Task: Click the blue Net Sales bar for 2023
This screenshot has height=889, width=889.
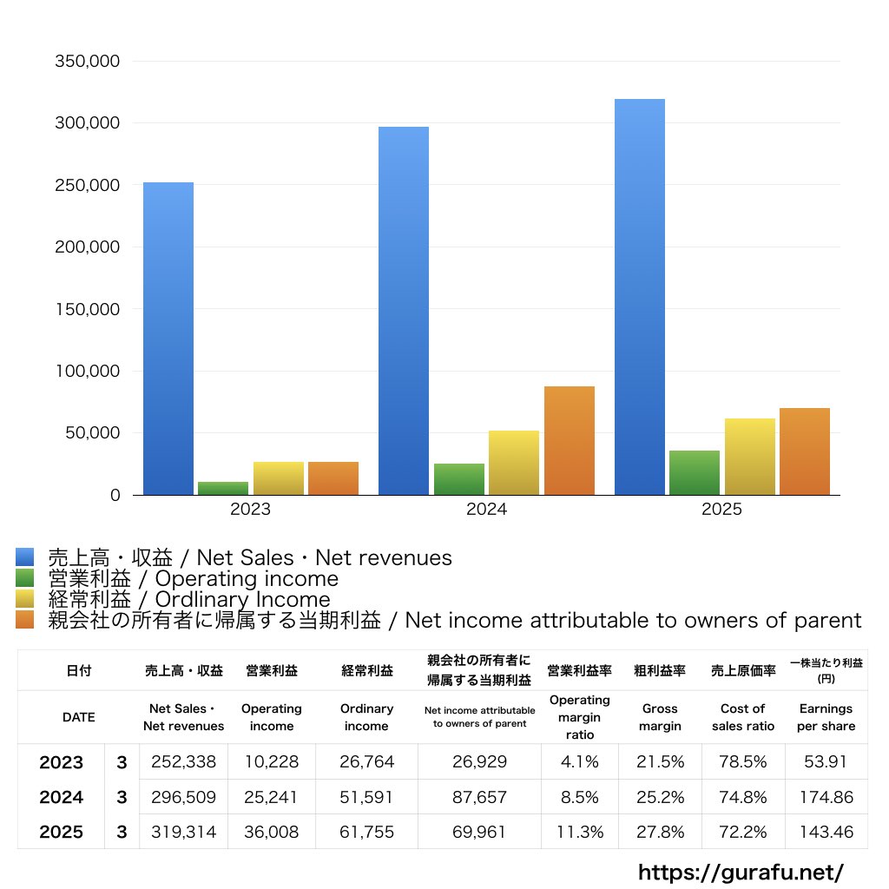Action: (x=168, y=339)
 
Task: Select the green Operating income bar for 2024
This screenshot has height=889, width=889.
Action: (x=459, y=479)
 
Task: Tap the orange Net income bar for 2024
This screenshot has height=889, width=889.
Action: (x=570, y=440)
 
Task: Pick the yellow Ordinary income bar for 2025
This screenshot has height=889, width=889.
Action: (x=749, y=457)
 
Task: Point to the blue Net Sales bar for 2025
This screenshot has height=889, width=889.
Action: (x=640, y=297)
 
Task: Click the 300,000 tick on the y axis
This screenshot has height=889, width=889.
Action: (x=88, y=122)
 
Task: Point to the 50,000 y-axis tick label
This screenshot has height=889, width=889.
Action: (x=92, y=432)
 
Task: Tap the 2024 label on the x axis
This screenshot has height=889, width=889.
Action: (x=486, y=509)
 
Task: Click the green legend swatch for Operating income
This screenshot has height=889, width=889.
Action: (x=25, y=578)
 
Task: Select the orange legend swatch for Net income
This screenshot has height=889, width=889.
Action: (x=25, y=620)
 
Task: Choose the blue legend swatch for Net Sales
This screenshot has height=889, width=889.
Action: (x=25, y=557)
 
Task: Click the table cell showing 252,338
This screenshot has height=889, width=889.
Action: (x=184, y=761)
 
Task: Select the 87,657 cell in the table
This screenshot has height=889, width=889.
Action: (x=479, y=797)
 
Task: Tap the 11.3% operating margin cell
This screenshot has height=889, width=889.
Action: (x=579, y=832)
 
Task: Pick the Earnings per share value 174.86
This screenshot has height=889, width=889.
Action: (x=826, y=797)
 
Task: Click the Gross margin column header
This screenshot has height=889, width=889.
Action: (x=660, y=717)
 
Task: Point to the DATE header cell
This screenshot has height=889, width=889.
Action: (x=79, y=717)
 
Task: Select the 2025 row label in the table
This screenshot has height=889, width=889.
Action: (x=62, y=832)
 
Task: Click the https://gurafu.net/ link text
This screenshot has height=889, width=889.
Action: (x=741, y=872)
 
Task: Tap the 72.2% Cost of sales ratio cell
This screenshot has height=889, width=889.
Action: (x=743, y=832)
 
